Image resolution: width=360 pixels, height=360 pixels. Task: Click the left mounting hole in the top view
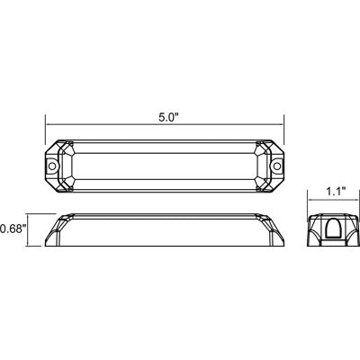(52, 166)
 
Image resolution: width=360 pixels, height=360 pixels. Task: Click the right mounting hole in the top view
(277, 166)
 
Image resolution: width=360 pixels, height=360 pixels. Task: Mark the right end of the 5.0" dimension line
(285, 126)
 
